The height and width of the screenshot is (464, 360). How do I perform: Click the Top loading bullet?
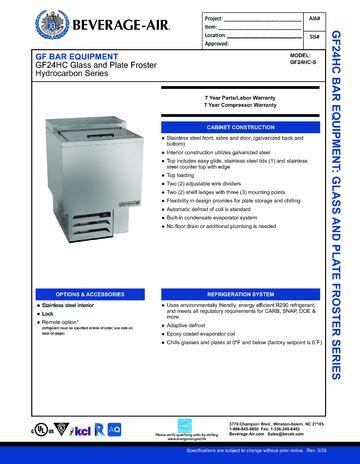tap(185, 172)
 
